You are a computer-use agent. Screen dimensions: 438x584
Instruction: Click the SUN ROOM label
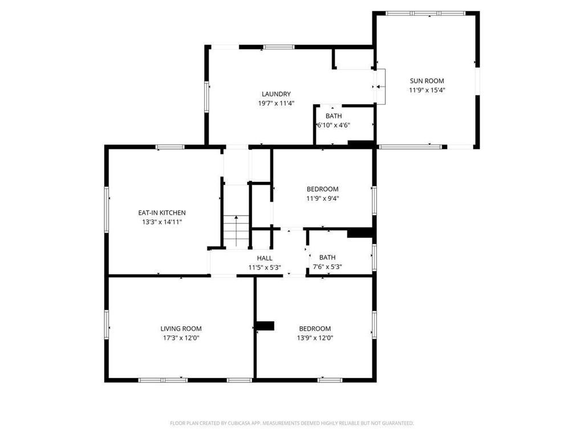427,81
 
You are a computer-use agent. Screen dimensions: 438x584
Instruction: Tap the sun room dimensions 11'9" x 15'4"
427,90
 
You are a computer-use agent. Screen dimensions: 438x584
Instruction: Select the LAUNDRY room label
276,94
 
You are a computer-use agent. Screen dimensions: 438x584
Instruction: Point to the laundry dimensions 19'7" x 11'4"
276,103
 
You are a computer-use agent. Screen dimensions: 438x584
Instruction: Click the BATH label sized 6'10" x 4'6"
334,116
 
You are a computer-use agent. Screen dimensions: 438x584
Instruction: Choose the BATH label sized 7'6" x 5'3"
327,257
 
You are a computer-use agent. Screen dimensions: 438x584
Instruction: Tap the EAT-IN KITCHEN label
162,213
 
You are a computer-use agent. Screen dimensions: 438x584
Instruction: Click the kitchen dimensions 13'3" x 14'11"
162,222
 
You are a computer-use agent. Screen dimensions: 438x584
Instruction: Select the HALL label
265,258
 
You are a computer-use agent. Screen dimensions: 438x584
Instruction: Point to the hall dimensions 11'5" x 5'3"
265,267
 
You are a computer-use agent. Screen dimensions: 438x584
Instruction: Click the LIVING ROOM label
181,328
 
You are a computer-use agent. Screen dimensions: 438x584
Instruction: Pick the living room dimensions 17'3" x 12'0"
181,338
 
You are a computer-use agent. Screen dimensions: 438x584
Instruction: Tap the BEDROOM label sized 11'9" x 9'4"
323,189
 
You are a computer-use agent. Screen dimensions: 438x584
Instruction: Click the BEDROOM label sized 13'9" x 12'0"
315,328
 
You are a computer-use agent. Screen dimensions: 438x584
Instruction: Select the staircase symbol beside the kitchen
236,230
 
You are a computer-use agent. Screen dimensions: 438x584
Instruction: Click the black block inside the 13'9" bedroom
265,326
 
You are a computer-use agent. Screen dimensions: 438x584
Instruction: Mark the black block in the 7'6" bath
360,232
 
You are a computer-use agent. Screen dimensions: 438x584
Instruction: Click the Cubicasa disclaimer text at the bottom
292,423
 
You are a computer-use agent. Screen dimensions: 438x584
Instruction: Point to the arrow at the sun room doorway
379,87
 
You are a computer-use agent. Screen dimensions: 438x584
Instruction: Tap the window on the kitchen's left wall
107,209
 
